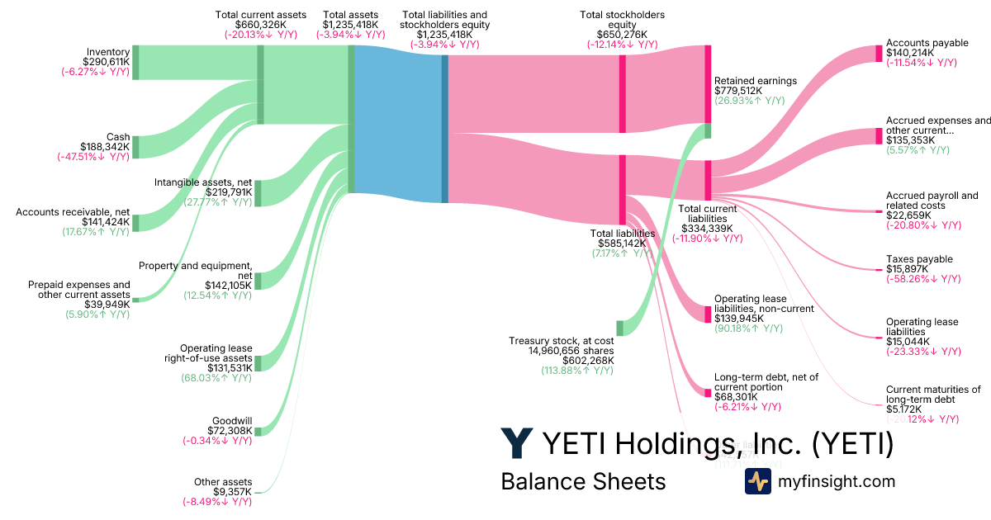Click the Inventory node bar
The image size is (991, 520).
136,62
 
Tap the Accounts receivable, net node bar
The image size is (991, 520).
136,223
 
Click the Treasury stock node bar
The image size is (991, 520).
619,328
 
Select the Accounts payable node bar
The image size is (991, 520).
879,54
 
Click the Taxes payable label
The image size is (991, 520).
919,259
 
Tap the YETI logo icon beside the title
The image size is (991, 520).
517,443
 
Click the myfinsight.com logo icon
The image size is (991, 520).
757,481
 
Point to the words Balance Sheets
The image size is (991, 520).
583,481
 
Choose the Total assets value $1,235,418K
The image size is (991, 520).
351,25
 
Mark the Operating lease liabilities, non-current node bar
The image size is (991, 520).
707,314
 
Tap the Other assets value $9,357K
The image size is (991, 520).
233,492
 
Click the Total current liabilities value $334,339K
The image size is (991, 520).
707,228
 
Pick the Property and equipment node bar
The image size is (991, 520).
258,281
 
